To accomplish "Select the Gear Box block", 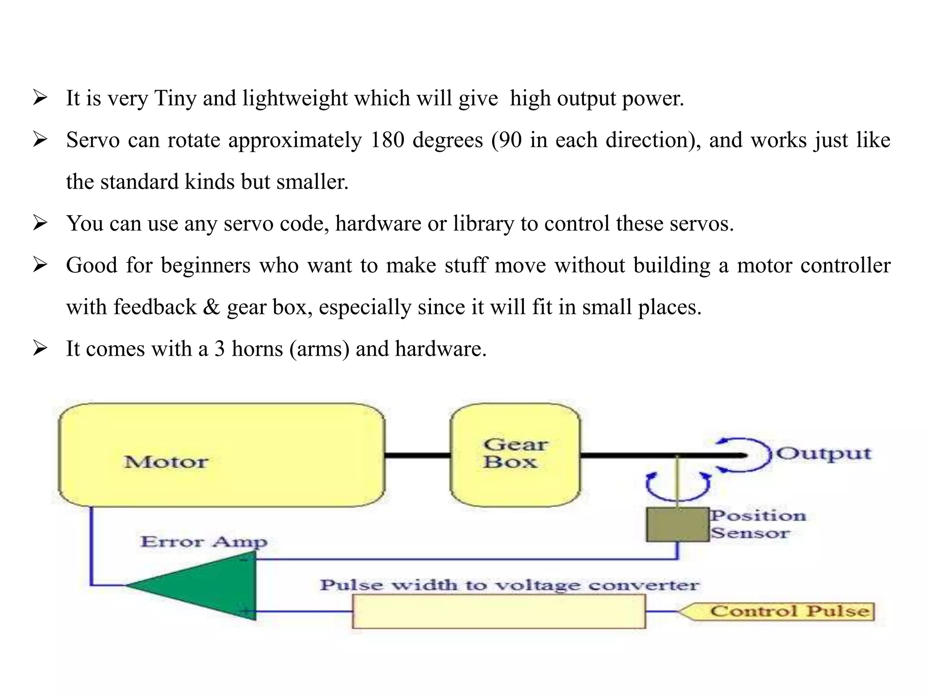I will pyautogui.click(x=515, y=454).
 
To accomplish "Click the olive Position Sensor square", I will pyautogui.click(x=677, y=525).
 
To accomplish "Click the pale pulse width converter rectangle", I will pyautogui.click(x=499, y=612).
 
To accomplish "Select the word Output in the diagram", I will pyautogui.click(x=823, y=454).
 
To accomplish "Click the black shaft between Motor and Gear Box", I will pyautogui.click(x=417, y=455).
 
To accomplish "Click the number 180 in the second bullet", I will pyautogui.click(x=387, y=140).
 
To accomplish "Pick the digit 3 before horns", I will pyautogui.click(x=220, y=349).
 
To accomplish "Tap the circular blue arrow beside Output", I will pyautogui.click(x=744, y=455).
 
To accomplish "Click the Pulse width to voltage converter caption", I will pyautogui.click(x=509, y=585).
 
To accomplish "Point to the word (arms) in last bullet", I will pyautogui.click(x=319, y=349).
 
